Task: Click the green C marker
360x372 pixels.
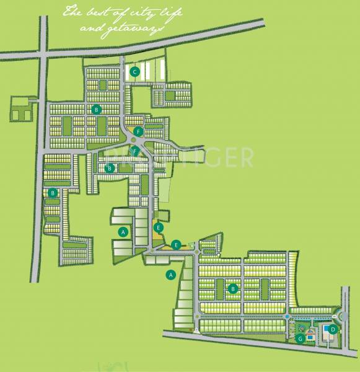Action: pyautogui.click(x=134, y=72)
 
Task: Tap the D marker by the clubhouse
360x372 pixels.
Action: pyautogui.click(x=333, y=329)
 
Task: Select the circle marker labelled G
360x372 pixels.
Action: pyautogui.click(x=299, y=338)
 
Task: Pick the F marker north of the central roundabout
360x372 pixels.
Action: pyautogui.click(x=138, y=131)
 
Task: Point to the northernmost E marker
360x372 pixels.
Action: pyautogui.click(x=159, y=228)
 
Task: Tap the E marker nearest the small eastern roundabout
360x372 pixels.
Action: pyautogui.click(x=177, y=244)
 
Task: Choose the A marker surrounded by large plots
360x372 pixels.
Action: pyautogui.click(x=123, y=232)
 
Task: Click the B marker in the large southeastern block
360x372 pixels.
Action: pyautogui.click(x=233, y=288)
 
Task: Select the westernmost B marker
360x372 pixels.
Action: pyautogui.click(x=53, y=193)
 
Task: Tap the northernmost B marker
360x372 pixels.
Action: pyautogui.click(x=96, y=109)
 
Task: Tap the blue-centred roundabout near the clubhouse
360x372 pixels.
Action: pyautogui.click(x=288, y=317)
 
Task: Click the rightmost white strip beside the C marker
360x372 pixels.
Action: pyautogui.click(x=163, y=68)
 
